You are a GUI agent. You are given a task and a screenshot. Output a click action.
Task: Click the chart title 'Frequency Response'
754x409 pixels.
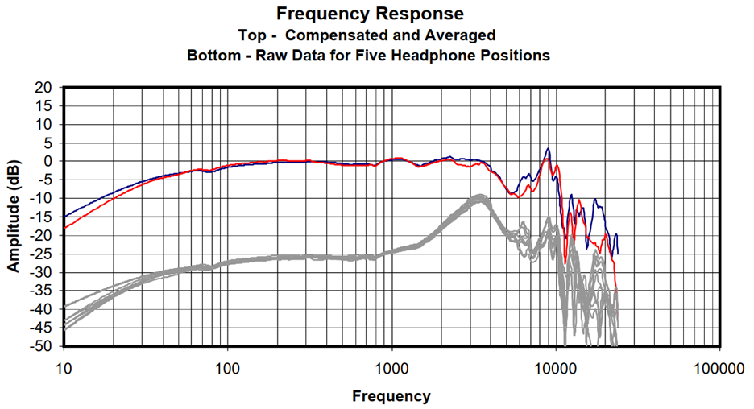(370, 14)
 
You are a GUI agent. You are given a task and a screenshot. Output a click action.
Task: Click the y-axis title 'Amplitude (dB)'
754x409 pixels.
(14, 216)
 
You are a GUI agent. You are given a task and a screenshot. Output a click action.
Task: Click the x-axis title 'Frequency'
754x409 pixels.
(391, 396)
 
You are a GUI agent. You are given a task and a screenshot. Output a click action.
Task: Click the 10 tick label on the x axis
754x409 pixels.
(64, 369)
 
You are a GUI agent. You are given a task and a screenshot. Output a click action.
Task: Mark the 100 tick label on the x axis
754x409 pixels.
(228, 369)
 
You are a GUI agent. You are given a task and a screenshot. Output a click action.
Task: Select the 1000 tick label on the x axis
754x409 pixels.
(391, 369)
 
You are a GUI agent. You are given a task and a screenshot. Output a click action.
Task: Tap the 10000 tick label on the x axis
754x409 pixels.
(555, 369)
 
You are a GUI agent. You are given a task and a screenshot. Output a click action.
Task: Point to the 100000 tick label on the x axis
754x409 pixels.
(718, 369)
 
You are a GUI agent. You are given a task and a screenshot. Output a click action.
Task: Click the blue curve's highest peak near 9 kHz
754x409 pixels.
(548, 148)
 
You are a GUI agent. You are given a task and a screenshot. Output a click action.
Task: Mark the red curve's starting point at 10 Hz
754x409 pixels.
(64, 228)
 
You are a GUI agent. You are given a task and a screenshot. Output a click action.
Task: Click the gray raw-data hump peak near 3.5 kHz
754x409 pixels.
(480, 196)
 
